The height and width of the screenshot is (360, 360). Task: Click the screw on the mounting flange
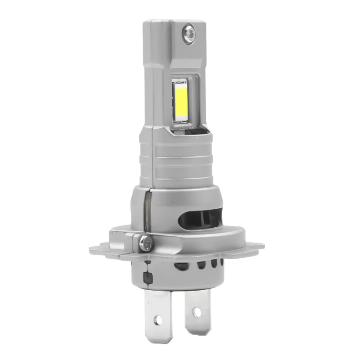point(145,241)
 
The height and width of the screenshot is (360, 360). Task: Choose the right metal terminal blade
point(198,306)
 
